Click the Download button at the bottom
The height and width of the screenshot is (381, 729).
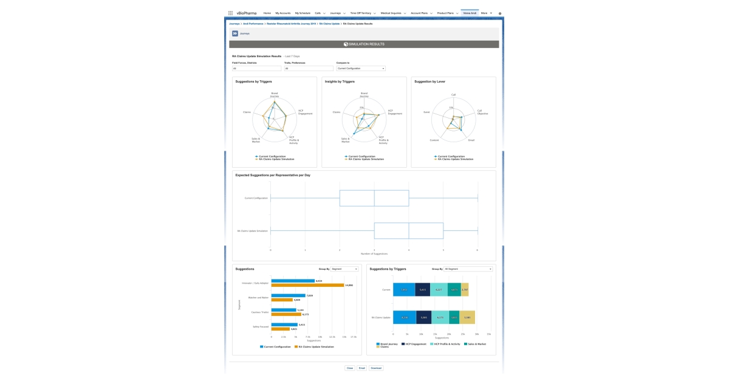376,368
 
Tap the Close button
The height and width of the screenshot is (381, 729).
349,368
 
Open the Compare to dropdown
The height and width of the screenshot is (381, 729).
361,69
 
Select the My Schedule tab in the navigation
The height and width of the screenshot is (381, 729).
302,13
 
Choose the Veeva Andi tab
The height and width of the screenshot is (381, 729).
470,13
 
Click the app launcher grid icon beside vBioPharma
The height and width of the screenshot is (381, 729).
231,13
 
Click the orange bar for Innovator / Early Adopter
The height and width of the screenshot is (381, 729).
307,285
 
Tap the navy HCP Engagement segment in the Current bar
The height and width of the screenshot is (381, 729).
423,290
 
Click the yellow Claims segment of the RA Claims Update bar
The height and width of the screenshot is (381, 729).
467,317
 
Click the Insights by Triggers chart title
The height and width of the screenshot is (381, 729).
340,81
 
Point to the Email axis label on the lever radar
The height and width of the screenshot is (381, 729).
471,140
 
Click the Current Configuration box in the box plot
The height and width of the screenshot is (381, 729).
374,198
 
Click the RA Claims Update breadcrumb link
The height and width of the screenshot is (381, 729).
329,24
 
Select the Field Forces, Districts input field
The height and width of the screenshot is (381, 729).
256,69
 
